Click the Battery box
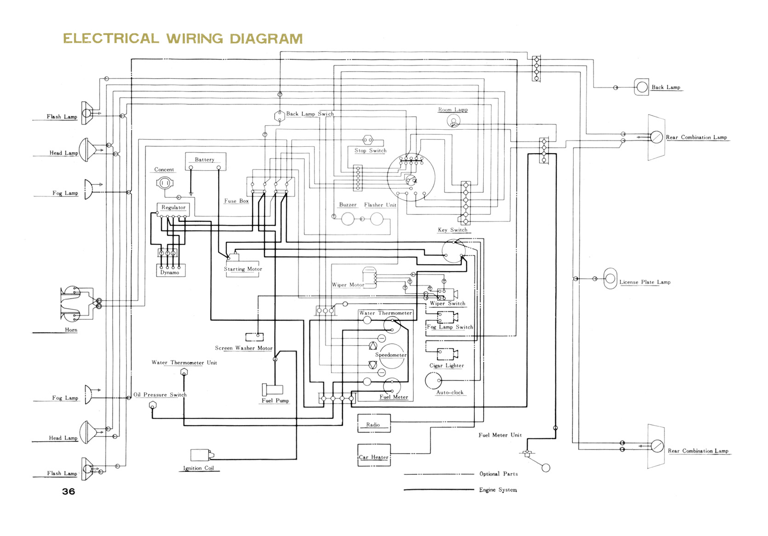pyautogui.click(x=205, y=161)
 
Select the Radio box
pyautogui.click(x=374, y=423)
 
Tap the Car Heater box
pyautogui.click(x=374, y=455)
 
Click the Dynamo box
pyautogui.click(x=171, y=271)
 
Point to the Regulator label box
pyautogui.click(x=173, y=207)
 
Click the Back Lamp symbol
pyautogui.click(x=641, y=87)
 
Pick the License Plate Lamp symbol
pyautogui.click(x=610, y=278)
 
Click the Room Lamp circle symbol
pyautogui.click(x=454, y=121)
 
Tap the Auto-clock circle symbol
pyautogui.click(x=433, y=380)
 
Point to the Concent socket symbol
pyautogui.click(x=165, y=183)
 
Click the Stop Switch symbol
pyautogui.click(x=367, y=140)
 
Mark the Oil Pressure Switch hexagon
pyautogui.click(x=153, y=405)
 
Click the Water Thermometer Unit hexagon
pyautogui.click(x=184, y=372)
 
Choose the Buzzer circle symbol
pyautogui.click(x=348, y=219)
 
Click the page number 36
pyautogui.click(x=69, y=491)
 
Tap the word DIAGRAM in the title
pyautogui.click(x=266, y=39)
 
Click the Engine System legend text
pyautogui.click(x=498, y=490)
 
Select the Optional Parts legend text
pyautogui.click(x=498, y=474)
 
